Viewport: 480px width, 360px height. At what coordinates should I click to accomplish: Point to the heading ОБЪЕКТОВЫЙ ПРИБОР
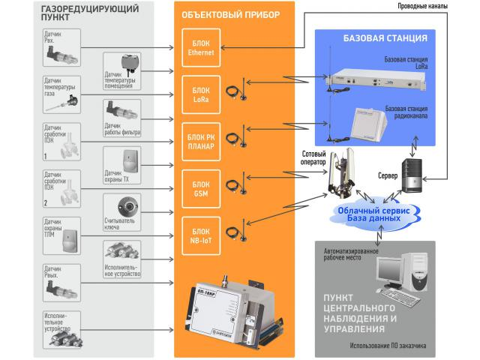point(224,16)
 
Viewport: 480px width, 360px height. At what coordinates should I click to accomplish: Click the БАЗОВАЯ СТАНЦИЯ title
point(385,37)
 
